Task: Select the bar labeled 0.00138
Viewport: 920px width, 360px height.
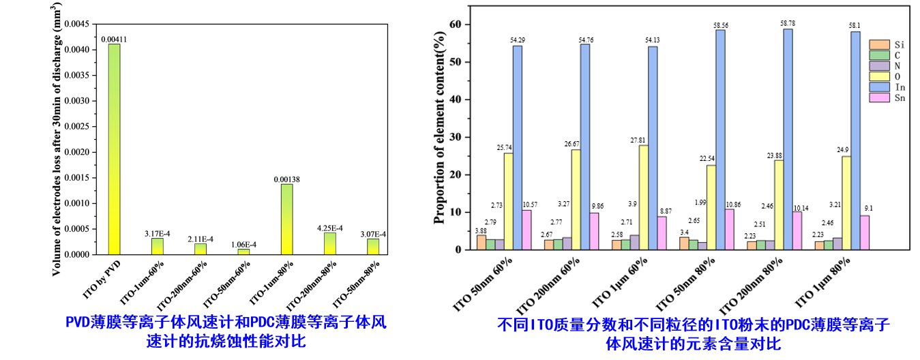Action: point(286,219)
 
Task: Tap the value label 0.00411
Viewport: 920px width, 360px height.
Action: point(114,40)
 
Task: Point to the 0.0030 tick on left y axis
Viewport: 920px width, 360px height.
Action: point(80,100)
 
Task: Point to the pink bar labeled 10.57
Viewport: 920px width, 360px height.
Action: point(526,230)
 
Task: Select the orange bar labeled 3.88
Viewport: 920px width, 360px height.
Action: point(481,242)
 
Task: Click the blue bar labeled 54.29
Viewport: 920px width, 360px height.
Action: point(518,147)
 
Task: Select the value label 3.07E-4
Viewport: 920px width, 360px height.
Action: point(372,234)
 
